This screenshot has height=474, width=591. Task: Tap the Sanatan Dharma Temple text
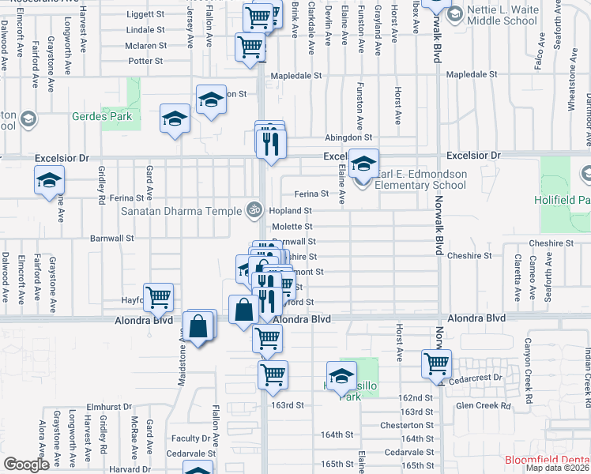point(182,211)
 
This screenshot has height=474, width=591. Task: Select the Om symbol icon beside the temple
point(254,210)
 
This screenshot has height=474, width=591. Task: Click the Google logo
point(26,465)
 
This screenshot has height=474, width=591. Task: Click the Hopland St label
point(292,211)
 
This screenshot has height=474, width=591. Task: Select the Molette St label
point(292,227)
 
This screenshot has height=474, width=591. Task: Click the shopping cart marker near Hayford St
point(159,298)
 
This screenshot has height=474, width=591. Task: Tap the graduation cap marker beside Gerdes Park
point(175,118)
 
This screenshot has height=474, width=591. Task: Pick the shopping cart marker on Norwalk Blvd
point(436,363)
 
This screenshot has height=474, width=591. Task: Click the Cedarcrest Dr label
point(475,378)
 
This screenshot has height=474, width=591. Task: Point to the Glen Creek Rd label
point(484,406)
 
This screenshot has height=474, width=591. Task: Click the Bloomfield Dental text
point(547,460)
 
